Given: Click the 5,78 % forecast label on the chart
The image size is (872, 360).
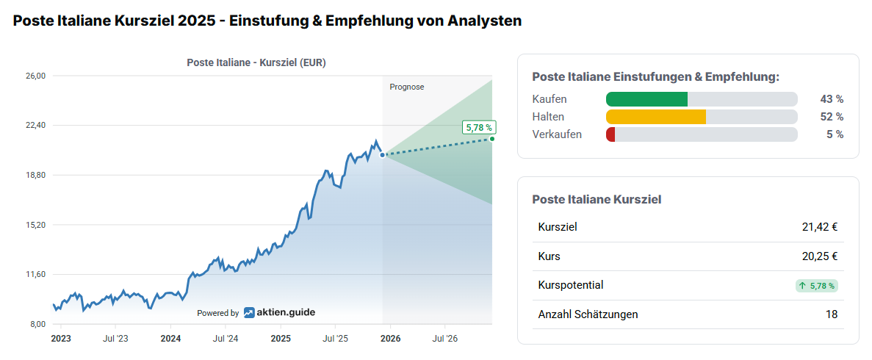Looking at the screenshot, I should click(x=478, y=127).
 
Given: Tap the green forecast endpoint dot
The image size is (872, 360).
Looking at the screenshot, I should click(x=492, y=138).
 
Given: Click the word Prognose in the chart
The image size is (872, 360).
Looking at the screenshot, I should click(x=407, y=87).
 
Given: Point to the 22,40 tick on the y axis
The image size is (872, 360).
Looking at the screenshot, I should click(x=36, y=125).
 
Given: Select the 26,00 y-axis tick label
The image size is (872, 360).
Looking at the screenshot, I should click(x=36, y=76).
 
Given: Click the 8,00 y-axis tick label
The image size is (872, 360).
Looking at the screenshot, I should click(x=37, y=324).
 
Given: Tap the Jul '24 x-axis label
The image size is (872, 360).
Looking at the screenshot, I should click(x=226, y=339).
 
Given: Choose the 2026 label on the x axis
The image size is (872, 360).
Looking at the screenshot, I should click(x=390, y=339).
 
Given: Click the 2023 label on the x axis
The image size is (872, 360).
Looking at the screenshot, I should click(x=60, y=339).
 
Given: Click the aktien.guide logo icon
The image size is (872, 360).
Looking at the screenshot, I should click(x=250, y=312).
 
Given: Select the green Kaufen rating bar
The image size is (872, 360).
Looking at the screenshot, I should click(x=646, y=99).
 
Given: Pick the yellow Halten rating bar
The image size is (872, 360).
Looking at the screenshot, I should click(x=655, y=117).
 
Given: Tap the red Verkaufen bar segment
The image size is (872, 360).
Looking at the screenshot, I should click(x=610, y=134).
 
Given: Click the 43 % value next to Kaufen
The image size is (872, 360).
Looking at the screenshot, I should click(x=832, y=99).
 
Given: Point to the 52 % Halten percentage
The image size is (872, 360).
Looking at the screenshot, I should click(x=832, y=117).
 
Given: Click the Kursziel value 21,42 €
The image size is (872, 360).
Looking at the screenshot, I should click(x=820, y=227).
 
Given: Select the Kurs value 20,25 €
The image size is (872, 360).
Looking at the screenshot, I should click(x=820, y=256).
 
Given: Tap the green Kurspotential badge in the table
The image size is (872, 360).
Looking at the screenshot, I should click(x=816, y=286).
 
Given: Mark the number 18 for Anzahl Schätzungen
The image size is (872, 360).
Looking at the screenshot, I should click(x=831, y=314).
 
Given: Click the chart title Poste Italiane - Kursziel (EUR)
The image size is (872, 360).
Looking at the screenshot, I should click(x=256, y=62).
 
